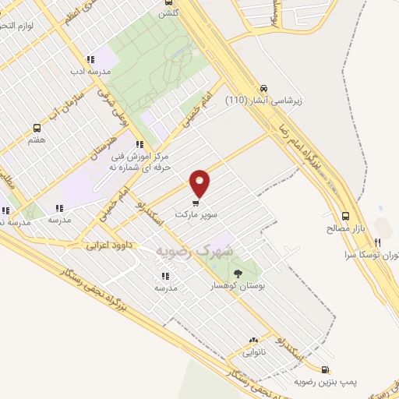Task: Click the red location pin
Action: click(201, 182)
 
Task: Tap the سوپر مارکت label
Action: click(195, 214)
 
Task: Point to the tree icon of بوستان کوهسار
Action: click(238, 273)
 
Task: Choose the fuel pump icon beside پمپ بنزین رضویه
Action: click(325, 369)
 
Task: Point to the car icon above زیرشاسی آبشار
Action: click(265, 88)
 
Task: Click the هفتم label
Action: click(37, 140)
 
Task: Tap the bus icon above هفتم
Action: click(37, 128)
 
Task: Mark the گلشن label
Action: click(168, 13)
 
